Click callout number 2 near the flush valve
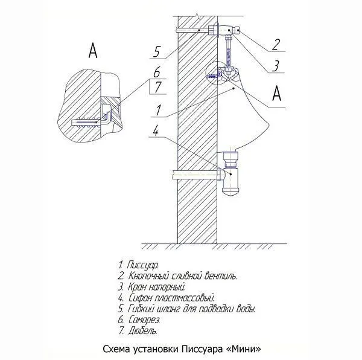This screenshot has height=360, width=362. (x=276, y=45)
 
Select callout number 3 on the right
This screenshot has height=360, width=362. (x=276, y=66)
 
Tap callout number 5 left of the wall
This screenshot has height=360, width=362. (x=156, y=52)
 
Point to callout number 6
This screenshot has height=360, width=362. (x=157, y=72)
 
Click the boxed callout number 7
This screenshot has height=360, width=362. (x=158, y=87)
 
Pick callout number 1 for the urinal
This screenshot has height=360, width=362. (x=158, y=110)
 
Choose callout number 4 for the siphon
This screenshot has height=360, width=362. (x=156, y=131)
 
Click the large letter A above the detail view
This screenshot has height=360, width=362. (x=93, y=51)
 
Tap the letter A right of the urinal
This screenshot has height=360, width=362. (x=277, y=93)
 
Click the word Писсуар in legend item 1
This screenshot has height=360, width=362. (x=142, y=265)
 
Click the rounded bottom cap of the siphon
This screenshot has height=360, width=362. (x=231, y=192)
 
